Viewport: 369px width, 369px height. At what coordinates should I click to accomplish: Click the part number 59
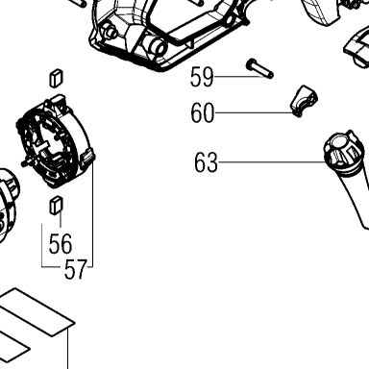tap(202, 77)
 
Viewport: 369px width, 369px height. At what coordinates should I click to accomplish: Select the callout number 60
tap(202, 113)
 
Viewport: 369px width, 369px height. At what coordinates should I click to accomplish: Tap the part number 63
tap(206, 162)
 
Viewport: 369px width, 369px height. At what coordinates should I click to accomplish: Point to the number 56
tap(61, 244)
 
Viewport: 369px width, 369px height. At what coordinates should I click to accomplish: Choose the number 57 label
tap(76, 269)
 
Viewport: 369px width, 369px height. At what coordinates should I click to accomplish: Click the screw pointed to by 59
tap(259, 69)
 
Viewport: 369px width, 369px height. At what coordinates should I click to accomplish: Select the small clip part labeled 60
tap(304, 101)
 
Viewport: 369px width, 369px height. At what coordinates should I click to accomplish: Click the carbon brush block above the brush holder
tap(57, 78)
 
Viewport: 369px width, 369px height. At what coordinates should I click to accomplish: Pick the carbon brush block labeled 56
tap(57, 205)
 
